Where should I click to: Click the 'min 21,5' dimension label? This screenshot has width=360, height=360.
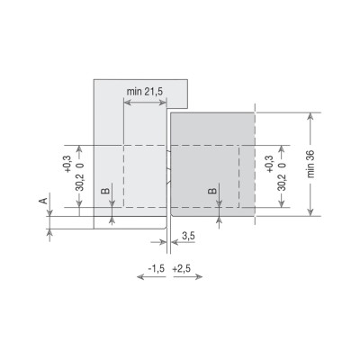(x=145, y=92)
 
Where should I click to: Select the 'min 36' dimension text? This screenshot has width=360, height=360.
(x=310, y=164)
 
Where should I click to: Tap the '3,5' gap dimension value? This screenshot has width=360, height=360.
(x=188, y=236)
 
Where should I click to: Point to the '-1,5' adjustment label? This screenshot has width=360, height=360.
(x=157, y=268)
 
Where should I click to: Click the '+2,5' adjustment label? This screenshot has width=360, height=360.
(x=182, y=268)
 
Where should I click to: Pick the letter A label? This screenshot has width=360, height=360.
(x=44, y=201)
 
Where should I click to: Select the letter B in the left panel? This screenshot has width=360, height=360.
(x=105, y=191)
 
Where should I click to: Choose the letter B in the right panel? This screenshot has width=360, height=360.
(x=212, y=191)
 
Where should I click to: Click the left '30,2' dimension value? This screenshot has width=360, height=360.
(x=80, y=183)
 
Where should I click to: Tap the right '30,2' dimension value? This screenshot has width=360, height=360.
(x=282, y=183)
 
